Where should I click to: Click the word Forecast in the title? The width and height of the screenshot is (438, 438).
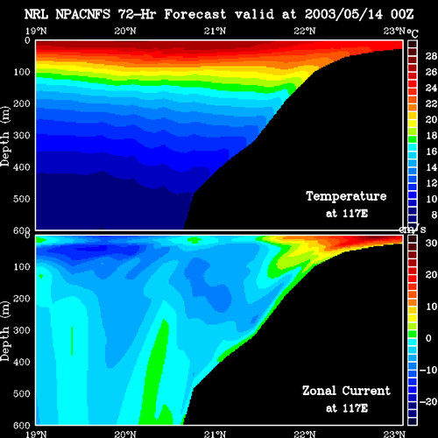tap(195, 14)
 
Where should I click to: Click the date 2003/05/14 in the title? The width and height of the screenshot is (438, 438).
tap(343, 14)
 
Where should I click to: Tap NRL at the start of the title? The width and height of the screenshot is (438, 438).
tap(36, 14)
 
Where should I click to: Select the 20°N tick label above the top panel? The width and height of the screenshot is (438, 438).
tap(125, 31)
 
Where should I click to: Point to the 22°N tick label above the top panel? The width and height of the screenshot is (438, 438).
tap(305, 31)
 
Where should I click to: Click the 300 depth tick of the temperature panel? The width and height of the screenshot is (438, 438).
tap(22, 135)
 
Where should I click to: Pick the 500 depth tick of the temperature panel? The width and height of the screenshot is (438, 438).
tap(22, 199)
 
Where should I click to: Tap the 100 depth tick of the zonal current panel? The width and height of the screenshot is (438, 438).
tap(22, 266)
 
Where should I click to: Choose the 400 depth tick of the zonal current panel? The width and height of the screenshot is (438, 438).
tap(22, 362)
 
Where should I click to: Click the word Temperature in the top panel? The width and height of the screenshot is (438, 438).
tap(346, 196)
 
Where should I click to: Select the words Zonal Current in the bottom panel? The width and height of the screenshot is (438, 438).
tap(346, 391)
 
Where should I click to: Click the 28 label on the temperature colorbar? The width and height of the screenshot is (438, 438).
tap(431, 56)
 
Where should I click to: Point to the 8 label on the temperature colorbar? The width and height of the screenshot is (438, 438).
tap(434, 215)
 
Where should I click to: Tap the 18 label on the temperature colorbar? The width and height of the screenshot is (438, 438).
tap(431, 136)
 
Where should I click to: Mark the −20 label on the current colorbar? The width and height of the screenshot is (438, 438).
tap(428, 402)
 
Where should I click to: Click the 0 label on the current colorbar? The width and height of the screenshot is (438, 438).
tap(428, 338)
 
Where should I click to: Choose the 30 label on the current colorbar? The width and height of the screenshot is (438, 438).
tap(431, 243)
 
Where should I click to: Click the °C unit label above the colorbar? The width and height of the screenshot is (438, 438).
tap(413, 33)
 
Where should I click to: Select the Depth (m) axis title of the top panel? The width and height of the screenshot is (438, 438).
tap(5, 137)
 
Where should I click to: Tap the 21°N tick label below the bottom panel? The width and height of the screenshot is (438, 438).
tap(215, 434)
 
